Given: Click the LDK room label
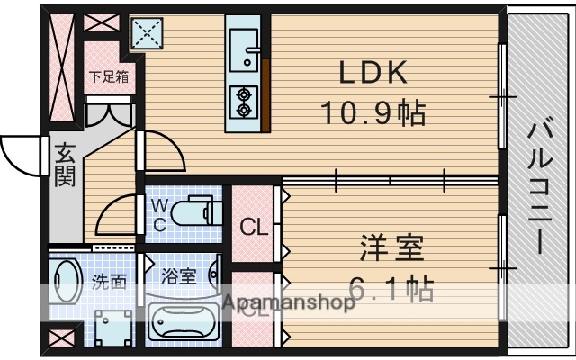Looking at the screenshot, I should [x=373, y=72].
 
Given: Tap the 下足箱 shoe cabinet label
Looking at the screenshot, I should [x=109, y=76].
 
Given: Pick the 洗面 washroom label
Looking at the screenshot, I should [x=110, y=280].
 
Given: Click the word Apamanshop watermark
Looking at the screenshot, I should [x=288, y=303].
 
